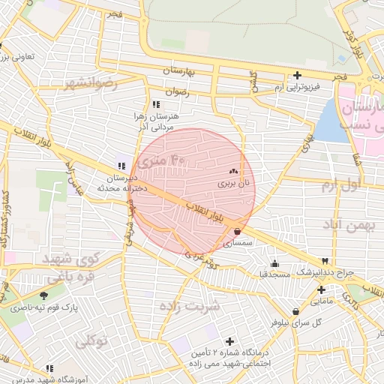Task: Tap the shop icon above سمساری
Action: coord(238,232)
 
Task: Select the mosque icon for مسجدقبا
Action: coord(274,263)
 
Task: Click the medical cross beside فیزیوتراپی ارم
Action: coord(298,75)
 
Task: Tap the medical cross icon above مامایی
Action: coord(321,289)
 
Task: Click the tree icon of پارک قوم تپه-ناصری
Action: coord(43,295)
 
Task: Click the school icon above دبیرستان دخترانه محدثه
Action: coord(121,166)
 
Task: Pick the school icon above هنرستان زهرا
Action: coord(155,104)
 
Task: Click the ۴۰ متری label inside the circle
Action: coord(166,160)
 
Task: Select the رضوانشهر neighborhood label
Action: coord(91,83)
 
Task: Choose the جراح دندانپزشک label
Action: coord(326,271)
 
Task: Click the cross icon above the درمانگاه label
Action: coord(229,341)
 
